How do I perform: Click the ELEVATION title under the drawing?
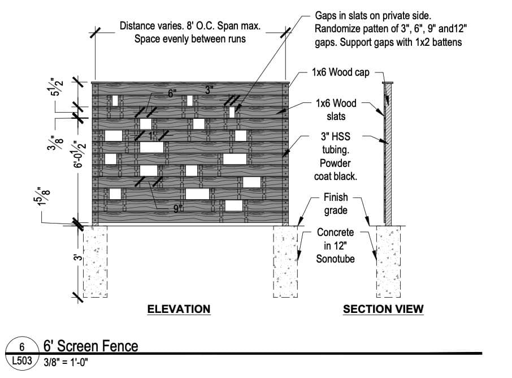179,309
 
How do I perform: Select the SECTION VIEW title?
383,309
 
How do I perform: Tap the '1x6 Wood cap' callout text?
340,72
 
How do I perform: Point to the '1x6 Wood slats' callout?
336,110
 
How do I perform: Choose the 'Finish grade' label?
336,204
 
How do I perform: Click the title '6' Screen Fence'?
90,346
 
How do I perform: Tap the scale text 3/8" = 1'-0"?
66,360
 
